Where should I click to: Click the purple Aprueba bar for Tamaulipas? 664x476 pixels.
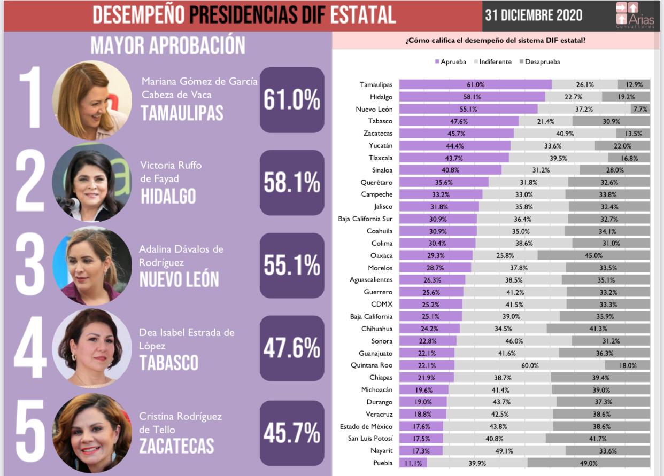[x=475, y=84]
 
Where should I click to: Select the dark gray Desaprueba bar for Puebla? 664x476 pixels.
[x=589, y=463]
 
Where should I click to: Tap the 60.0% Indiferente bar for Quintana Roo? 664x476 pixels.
[x=529, y=365]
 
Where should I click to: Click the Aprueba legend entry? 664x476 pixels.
[x=451, y=62]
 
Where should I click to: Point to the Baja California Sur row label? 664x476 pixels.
[x=365, y=219]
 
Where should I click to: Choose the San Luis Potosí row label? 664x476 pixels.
[x=368, y=439]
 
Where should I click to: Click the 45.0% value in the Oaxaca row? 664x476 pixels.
[x=593, y=255]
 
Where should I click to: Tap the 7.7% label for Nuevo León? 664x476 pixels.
[x=640, y=109]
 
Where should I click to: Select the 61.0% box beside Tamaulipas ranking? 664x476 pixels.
[x=292, y=100]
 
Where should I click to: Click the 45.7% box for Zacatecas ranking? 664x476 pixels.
[x=292, y=433]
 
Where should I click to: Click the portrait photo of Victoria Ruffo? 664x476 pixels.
[x=91, y=182]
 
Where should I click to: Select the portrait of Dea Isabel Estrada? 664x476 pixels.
[x=91, y=348]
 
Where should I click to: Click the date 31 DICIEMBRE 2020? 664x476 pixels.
[x=533, y=15]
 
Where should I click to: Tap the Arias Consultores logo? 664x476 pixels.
[x=635, y=15]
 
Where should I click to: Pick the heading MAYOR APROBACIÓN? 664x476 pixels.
[x=167, y=46]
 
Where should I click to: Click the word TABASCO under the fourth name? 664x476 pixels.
[x=168, y=363]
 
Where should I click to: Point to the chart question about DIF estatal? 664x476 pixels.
[x=496, y=41]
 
